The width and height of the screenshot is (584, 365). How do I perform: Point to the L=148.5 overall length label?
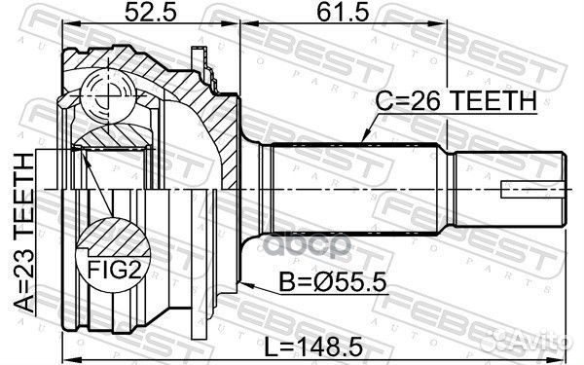[x=322, y=346]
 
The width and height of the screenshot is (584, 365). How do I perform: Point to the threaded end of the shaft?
[x=511, y=185]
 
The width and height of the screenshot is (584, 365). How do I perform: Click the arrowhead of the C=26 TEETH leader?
[x=361, y=141]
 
